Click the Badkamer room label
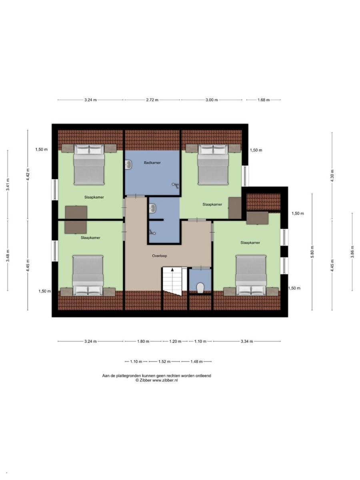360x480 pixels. tap(152, 163)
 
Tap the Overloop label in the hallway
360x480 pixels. tap(160, 256)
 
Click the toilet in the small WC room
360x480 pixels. tap(200, 288)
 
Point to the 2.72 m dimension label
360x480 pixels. tap(152, 100)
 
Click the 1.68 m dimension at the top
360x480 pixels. tap(263, 100)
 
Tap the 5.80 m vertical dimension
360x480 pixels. tap(312, 252)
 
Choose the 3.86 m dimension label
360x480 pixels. tap(352, 252)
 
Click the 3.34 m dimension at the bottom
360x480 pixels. tap(247, 341)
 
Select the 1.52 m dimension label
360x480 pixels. tap(164, 362)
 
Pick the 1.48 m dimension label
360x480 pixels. tap(196, 362)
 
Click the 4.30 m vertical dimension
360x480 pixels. tap(332, 176)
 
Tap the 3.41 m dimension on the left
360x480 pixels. tap(8, 184)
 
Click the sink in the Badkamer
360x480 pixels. tap(128, 164)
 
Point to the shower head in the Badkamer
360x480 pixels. tap(176, 186)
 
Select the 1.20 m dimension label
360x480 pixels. tap(175, 341)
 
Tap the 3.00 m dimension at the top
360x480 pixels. tap(211, 100)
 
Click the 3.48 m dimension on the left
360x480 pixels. tap(8, 256)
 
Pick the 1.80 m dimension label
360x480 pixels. tap(143, 341)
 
